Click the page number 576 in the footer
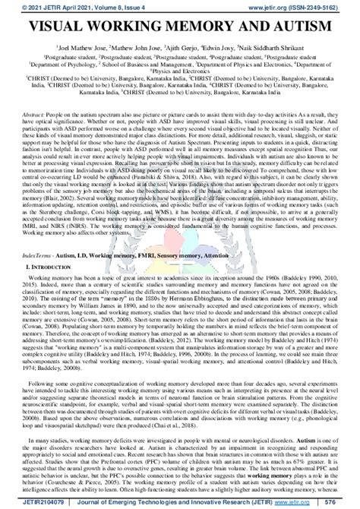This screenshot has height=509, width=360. [x=348, y=501]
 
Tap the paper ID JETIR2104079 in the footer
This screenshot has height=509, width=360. [x=30, y=501]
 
